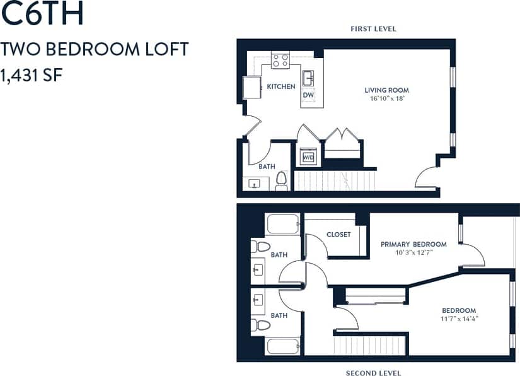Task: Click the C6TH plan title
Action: [x=42, y=15]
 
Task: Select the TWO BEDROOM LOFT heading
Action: [x=95, y=49]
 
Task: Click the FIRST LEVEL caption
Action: [x=373, y=29]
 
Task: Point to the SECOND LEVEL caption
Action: [x=373, y=373]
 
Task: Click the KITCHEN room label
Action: [x=281, y=86]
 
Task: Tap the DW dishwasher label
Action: [x=308, y=95]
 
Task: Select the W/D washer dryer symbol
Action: [x=309, y=157]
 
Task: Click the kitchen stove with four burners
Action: [x=280, y=61]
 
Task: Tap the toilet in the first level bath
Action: [x=281, y=182]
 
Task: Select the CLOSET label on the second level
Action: [x=338, y=235]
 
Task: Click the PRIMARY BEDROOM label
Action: [x=413, y=244]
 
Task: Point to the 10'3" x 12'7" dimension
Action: [x=413, y=253]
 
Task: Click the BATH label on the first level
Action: [x=267, y=167]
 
